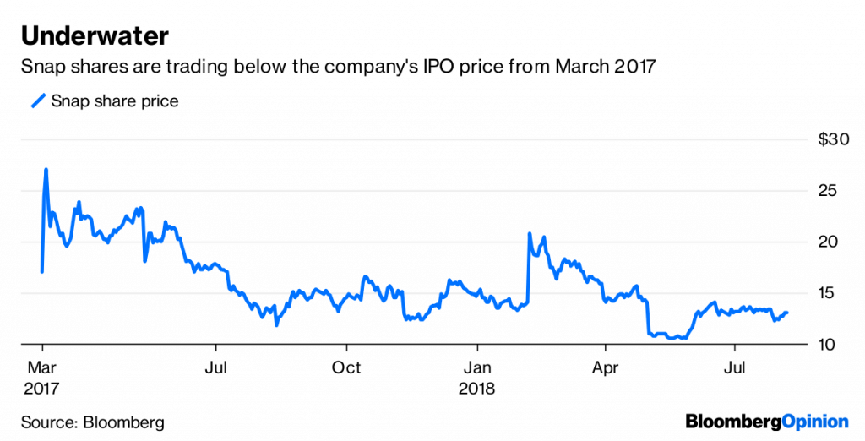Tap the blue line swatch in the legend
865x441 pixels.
37,101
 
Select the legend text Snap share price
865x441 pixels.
115,101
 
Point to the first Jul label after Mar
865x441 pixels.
216,368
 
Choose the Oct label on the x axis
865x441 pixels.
346,368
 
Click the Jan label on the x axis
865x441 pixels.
477,368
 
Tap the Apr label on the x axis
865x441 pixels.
606,368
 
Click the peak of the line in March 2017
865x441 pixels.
46,170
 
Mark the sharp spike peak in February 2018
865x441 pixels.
529,233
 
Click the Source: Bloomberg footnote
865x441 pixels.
93,422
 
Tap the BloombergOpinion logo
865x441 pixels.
766,421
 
